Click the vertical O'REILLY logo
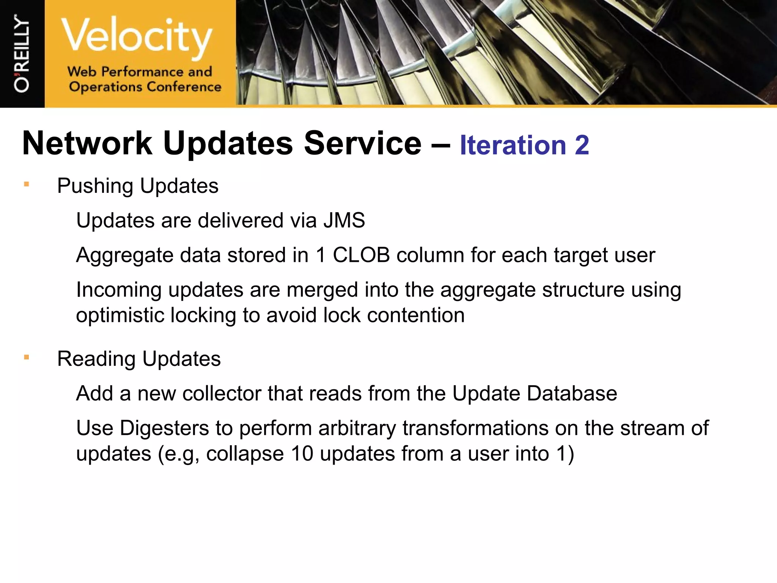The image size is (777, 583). click(x=22, y=53)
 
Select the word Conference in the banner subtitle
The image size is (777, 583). click(x=184, y=87)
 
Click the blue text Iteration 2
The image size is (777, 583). click(x=524, y=145)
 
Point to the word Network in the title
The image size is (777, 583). click(x=87, y=143)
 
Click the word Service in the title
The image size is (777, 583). click(x=362, y=143)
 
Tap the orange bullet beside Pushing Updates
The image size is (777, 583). click(x=26, y=185)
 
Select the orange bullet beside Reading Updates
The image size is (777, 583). click(x=26, y=358)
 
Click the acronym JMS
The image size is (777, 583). click(x=344, y=221)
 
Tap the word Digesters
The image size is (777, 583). click(x=164, y=428)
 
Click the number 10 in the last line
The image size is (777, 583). click(x=302, y=454)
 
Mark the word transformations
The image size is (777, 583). click(x=475, y=428)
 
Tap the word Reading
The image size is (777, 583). click(x=96, y=359)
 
